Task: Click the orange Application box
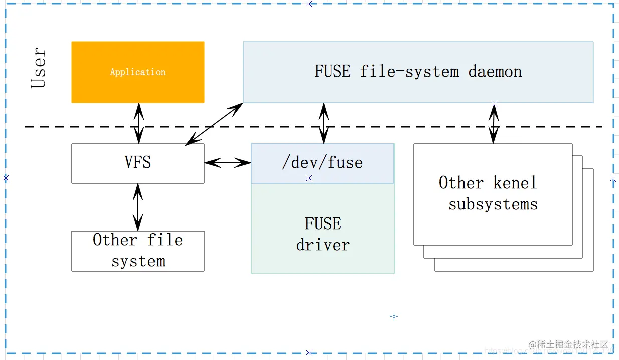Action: [137, 72]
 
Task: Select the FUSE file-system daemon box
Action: [418, 72]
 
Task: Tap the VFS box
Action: [137, 163]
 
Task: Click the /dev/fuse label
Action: [322, 163]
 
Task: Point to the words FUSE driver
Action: [323, 234]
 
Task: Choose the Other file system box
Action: [137, 251]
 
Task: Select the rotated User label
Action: [39, 68]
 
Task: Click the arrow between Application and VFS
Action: [138, 123]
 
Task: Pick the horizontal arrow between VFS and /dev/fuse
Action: [228, 162]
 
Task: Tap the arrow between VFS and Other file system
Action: [138, 207]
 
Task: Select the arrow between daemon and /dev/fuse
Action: [324, 123]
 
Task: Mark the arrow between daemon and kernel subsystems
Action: [494, 123]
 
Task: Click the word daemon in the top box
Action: [495, 72]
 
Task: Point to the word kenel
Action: [515, 183]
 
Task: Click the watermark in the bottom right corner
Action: [568, 345]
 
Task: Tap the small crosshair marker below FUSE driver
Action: [394, 316]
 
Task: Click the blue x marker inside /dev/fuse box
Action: [309, 178]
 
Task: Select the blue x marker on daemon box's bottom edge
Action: [495, 104]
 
